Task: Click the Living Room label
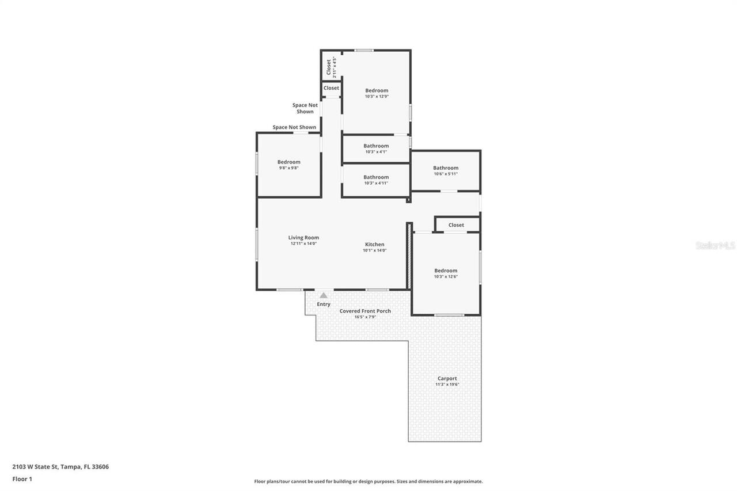pyautogui.click(x=303, y=238)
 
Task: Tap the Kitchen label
pyautogui.click(x=374, y=245)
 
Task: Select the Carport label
pyautogui.click(x=447, y=379)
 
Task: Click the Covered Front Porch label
pyautogui.click(x=365, y=311)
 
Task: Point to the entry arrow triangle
pyautogui.click(x=324, y=295)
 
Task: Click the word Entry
pyautogui.click(x=324, y=305)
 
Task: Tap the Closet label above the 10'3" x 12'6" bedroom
pyautogui.click(x=456, y=225)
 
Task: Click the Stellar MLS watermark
pyautogui.click(x=715, y=245)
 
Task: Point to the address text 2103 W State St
pyautogui.click(x=60, y=467)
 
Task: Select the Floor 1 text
pyautogui.click(x=22, y=479)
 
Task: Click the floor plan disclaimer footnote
pyautogui.click(x=368, y=481)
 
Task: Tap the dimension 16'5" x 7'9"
pyautogui.click(x=365, y=317)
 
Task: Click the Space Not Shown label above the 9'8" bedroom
pyautogui.click(x=294, y=127)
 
